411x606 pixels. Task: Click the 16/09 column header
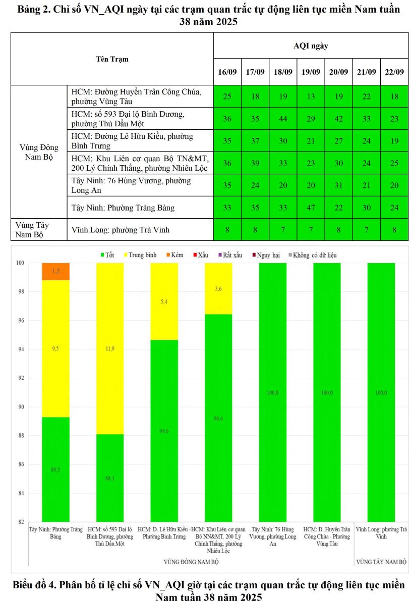tap(227, 71)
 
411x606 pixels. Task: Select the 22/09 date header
tap(394, 71)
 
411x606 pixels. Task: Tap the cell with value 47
tap(311, 208)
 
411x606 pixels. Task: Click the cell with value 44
tap(283, 119)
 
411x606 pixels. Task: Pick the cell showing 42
tap(338, 119)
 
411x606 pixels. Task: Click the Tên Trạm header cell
tap(112, 59)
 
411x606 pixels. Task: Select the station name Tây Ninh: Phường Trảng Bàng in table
tap(123, 208)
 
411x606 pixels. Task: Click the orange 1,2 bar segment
tap(55, 271)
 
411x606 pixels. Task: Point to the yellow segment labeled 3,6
tap(218, 288)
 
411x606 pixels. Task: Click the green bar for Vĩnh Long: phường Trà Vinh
tap(381, 392)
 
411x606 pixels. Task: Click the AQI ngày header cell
tap(311, 46)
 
